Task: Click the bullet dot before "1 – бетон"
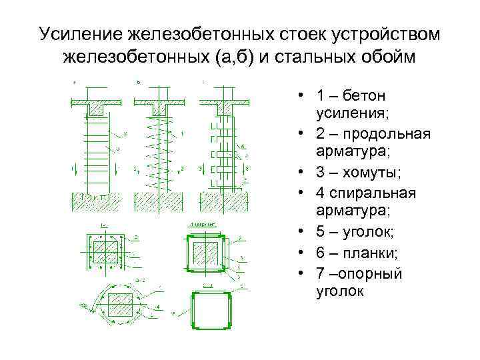(x=302, y=97)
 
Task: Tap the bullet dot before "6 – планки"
(x=302, y=251)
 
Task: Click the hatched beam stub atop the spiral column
(x=161, y=107)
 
